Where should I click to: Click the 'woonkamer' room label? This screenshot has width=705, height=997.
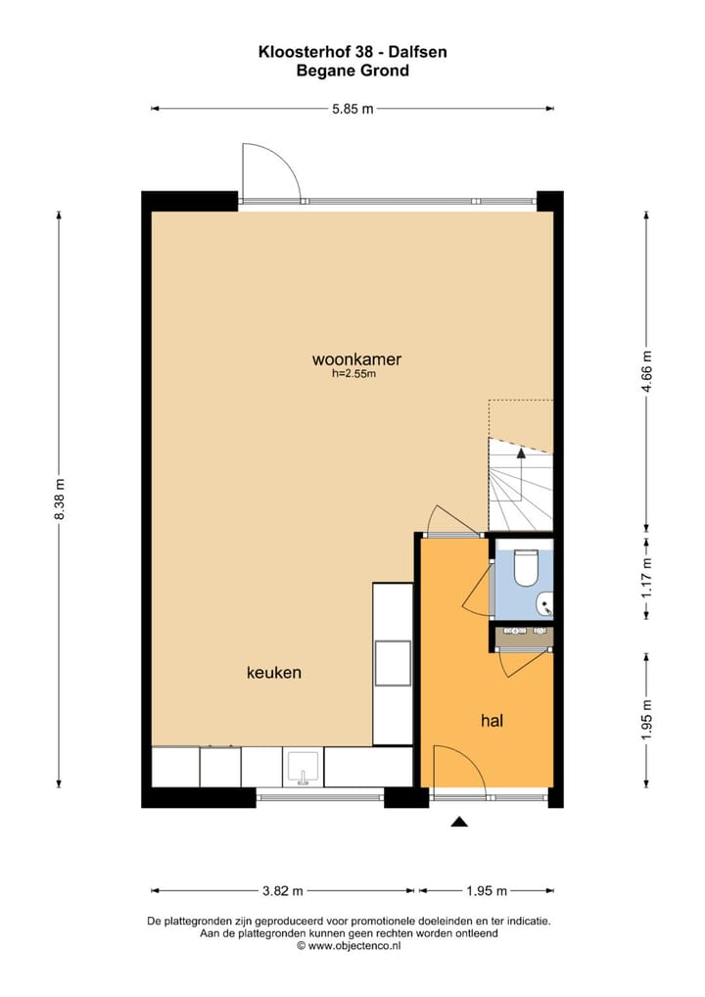point(356,358)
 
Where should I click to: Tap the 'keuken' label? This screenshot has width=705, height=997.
point(273,673)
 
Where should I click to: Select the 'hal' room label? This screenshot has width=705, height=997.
point(492,721)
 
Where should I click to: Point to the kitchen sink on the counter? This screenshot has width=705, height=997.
point(304,767)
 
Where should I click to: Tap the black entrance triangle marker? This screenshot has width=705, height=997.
point(457,823)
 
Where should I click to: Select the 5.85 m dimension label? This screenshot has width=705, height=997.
point(353,110)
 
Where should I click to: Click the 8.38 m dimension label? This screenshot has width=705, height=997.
point(59,499)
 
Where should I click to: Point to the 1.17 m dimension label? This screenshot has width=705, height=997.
point(645,577)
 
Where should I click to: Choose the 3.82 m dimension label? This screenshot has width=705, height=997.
point(283,890)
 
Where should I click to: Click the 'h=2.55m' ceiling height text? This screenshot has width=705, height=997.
point(354,373)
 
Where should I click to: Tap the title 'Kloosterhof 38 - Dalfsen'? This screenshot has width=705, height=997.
point(352,52)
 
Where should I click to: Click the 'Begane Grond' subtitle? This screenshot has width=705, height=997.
point(352,71)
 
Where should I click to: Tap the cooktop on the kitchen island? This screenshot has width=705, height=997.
point(393,663)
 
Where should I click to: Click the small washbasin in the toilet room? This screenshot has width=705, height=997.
point(544,605)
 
